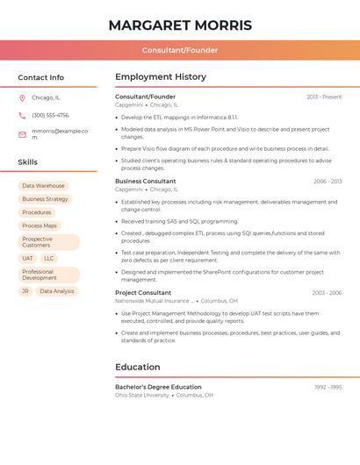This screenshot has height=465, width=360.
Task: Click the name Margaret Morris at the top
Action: (180, 25)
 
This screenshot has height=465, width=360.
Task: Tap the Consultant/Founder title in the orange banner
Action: (180, 50)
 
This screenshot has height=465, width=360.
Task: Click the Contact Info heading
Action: (41, 77)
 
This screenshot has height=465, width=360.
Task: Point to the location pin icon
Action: (22, 97)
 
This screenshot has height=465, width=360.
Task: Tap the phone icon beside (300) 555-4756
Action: (22, 115)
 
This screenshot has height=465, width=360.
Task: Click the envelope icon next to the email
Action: (22, 133)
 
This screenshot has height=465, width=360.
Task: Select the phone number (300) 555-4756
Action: (50, 115)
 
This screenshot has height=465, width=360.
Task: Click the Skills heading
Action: (28, 162)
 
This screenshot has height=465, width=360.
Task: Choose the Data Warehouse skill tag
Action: (43, 186)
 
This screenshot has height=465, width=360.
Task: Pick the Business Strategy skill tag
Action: (45, 199)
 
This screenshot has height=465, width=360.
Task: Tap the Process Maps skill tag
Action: (40, 225)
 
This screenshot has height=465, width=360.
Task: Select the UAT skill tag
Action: (27, 259)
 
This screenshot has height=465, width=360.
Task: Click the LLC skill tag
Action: (49, 259)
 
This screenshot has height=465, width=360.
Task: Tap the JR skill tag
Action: (25, 291)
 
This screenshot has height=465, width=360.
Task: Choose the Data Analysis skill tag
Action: (57, 291)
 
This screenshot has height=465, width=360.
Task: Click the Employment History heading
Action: (161, 77)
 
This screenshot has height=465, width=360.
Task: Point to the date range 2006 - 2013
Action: (328, 182)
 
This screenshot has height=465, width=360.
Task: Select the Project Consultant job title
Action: (143, 292)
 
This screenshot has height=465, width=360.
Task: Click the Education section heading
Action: (138, 367)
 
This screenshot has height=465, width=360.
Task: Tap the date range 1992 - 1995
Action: (328, 387)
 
